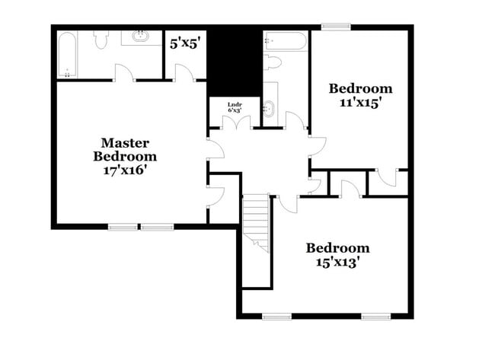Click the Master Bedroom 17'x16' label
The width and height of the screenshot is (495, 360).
tap(125, 157)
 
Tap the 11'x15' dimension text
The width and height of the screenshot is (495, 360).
tap(354, 102)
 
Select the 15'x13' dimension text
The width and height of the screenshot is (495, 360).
tap(337, 261)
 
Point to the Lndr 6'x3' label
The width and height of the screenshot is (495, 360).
tap(235, 107)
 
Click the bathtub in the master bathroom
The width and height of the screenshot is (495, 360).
tap(67, 54)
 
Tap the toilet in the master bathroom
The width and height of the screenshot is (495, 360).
tap(102, 40)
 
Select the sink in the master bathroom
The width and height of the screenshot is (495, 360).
tap(140, 36)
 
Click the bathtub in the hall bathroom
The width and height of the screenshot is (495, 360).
tap(285, 42)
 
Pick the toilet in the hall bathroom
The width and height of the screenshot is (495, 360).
tap(272, 62)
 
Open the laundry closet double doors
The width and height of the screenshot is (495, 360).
tap(237, 123)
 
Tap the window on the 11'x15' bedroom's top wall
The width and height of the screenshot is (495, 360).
tap(335, 27)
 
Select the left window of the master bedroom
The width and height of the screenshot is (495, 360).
tap(123, 226)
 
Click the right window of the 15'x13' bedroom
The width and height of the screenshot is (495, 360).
tap(376, 316)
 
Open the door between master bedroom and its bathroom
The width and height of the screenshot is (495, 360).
tap(124, 73)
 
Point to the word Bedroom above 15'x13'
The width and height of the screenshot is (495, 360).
tap(337, 248)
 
